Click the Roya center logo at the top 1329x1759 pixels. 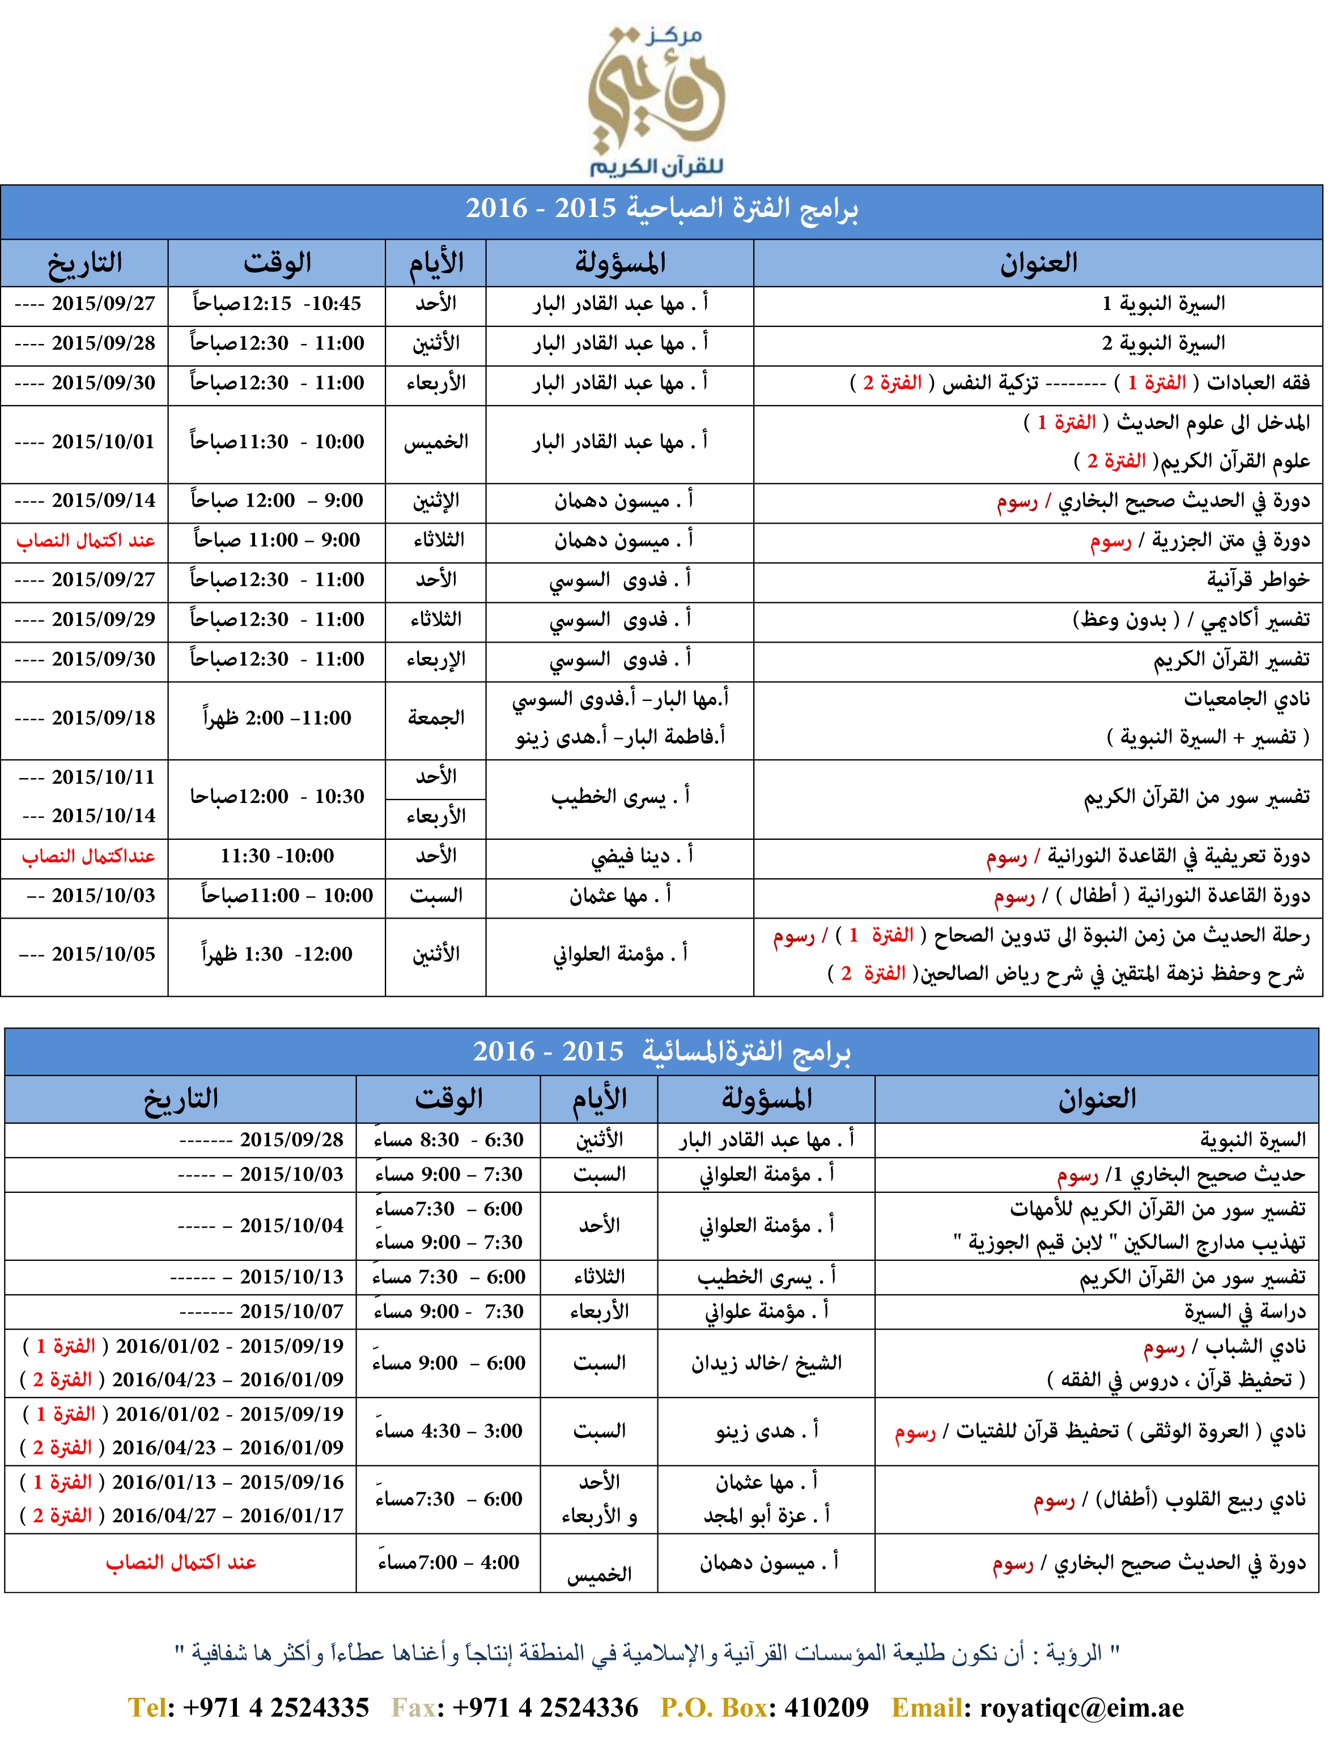[657, 99]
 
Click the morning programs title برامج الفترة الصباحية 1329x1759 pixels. [662, 209]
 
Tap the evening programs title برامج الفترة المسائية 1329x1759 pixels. [662, 1052]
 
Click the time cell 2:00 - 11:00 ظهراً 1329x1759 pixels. [277, 718]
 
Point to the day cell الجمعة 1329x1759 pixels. [436, 718]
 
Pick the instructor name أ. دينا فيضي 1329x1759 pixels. [641, 856]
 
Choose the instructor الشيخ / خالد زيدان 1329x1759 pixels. [766, 1363]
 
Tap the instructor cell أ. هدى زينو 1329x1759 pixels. [766, 1431]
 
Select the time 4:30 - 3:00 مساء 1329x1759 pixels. [448, 1431]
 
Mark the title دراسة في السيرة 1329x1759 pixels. [1245, 1312]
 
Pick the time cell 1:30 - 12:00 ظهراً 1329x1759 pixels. [277, 954]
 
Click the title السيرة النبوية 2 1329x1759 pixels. [1163, 343]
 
